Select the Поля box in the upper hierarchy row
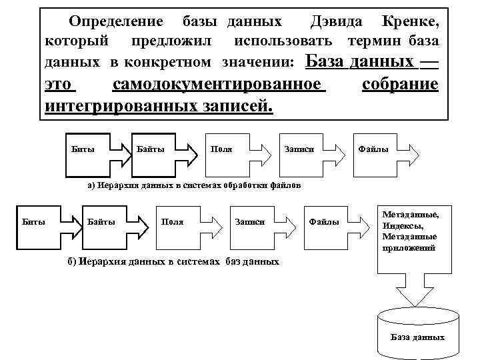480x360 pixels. coord(221,148)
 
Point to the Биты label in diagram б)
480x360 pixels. coord(34,221)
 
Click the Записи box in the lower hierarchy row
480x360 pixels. coord(250,221)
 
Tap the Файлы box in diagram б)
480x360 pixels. coord(325,221)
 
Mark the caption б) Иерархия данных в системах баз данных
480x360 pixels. coord(173,261)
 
